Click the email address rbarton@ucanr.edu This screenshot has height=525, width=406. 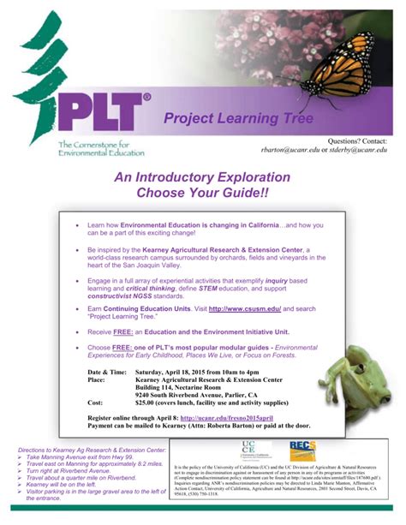pyautogui.click(x=292, y=149)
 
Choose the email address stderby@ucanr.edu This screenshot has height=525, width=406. pyautogui.click(x=360, y=149)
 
